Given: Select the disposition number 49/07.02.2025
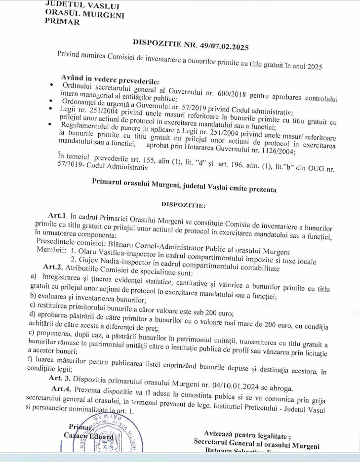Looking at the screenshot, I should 220,47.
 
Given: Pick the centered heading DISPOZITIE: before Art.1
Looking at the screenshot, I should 183,203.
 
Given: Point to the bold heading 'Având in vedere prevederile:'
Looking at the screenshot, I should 110,80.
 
